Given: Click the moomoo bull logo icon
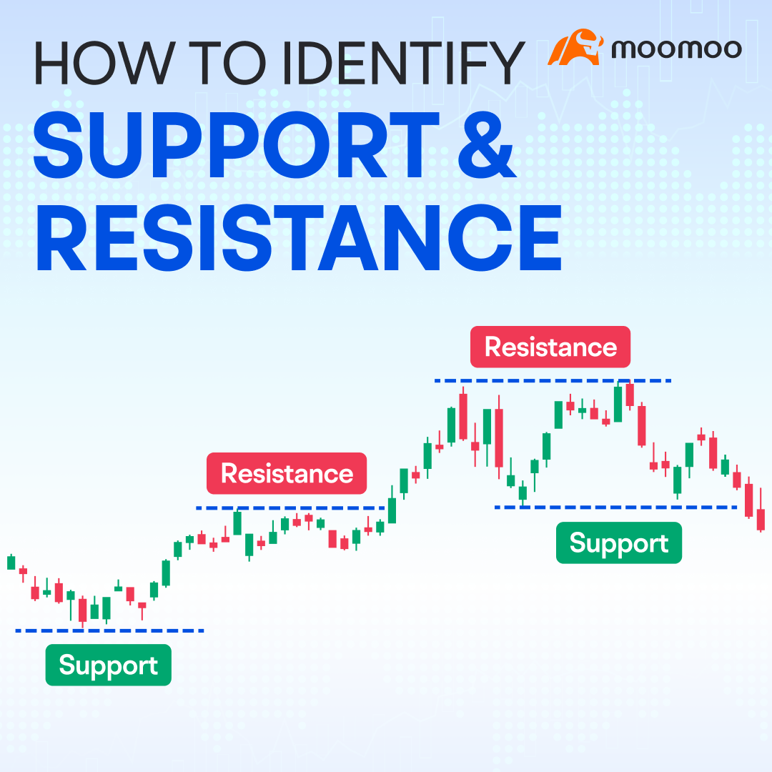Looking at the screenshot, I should point(575,47).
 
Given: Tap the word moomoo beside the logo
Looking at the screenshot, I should point(676,49).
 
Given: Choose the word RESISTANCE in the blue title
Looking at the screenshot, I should point(297,237).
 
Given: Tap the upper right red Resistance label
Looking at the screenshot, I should point(550,347).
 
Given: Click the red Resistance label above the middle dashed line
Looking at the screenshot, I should point(287,473).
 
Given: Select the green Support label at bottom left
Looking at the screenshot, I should point(108,665).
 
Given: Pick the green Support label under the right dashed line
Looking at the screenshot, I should point(618,543).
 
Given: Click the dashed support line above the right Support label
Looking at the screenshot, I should point(615,508).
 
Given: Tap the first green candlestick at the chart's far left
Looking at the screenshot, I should point(11,562).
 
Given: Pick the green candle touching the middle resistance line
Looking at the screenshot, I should point(237,523).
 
